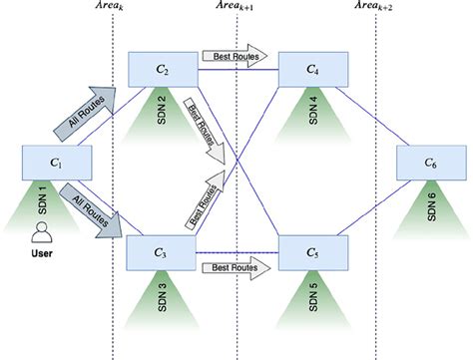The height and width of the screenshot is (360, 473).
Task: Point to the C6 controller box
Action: pos(430,163)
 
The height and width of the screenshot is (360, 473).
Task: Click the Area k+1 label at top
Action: pos(236,9)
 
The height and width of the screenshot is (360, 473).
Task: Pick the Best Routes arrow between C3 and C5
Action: pos(236,266)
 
